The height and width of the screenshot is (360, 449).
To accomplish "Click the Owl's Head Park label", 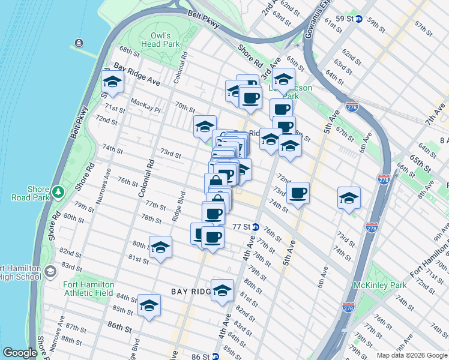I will pos(160,40).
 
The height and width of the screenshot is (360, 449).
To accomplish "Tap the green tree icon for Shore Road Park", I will pos(58,192).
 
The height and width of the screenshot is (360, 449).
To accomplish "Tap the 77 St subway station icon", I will pos(255,227).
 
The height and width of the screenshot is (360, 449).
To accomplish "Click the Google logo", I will pos(20,353).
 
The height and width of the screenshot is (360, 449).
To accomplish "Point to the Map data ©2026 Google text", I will pos(411,355).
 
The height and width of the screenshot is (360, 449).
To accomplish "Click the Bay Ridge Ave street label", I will pos(136,77).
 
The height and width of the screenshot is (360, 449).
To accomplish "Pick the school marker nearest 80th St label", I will pos(160,247).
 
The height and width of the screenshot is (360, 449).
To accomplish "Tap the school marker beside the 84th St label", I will pos(149,305).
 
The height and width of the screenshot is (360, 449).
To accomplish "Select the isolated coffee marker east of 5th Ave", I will pos(298,193).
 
